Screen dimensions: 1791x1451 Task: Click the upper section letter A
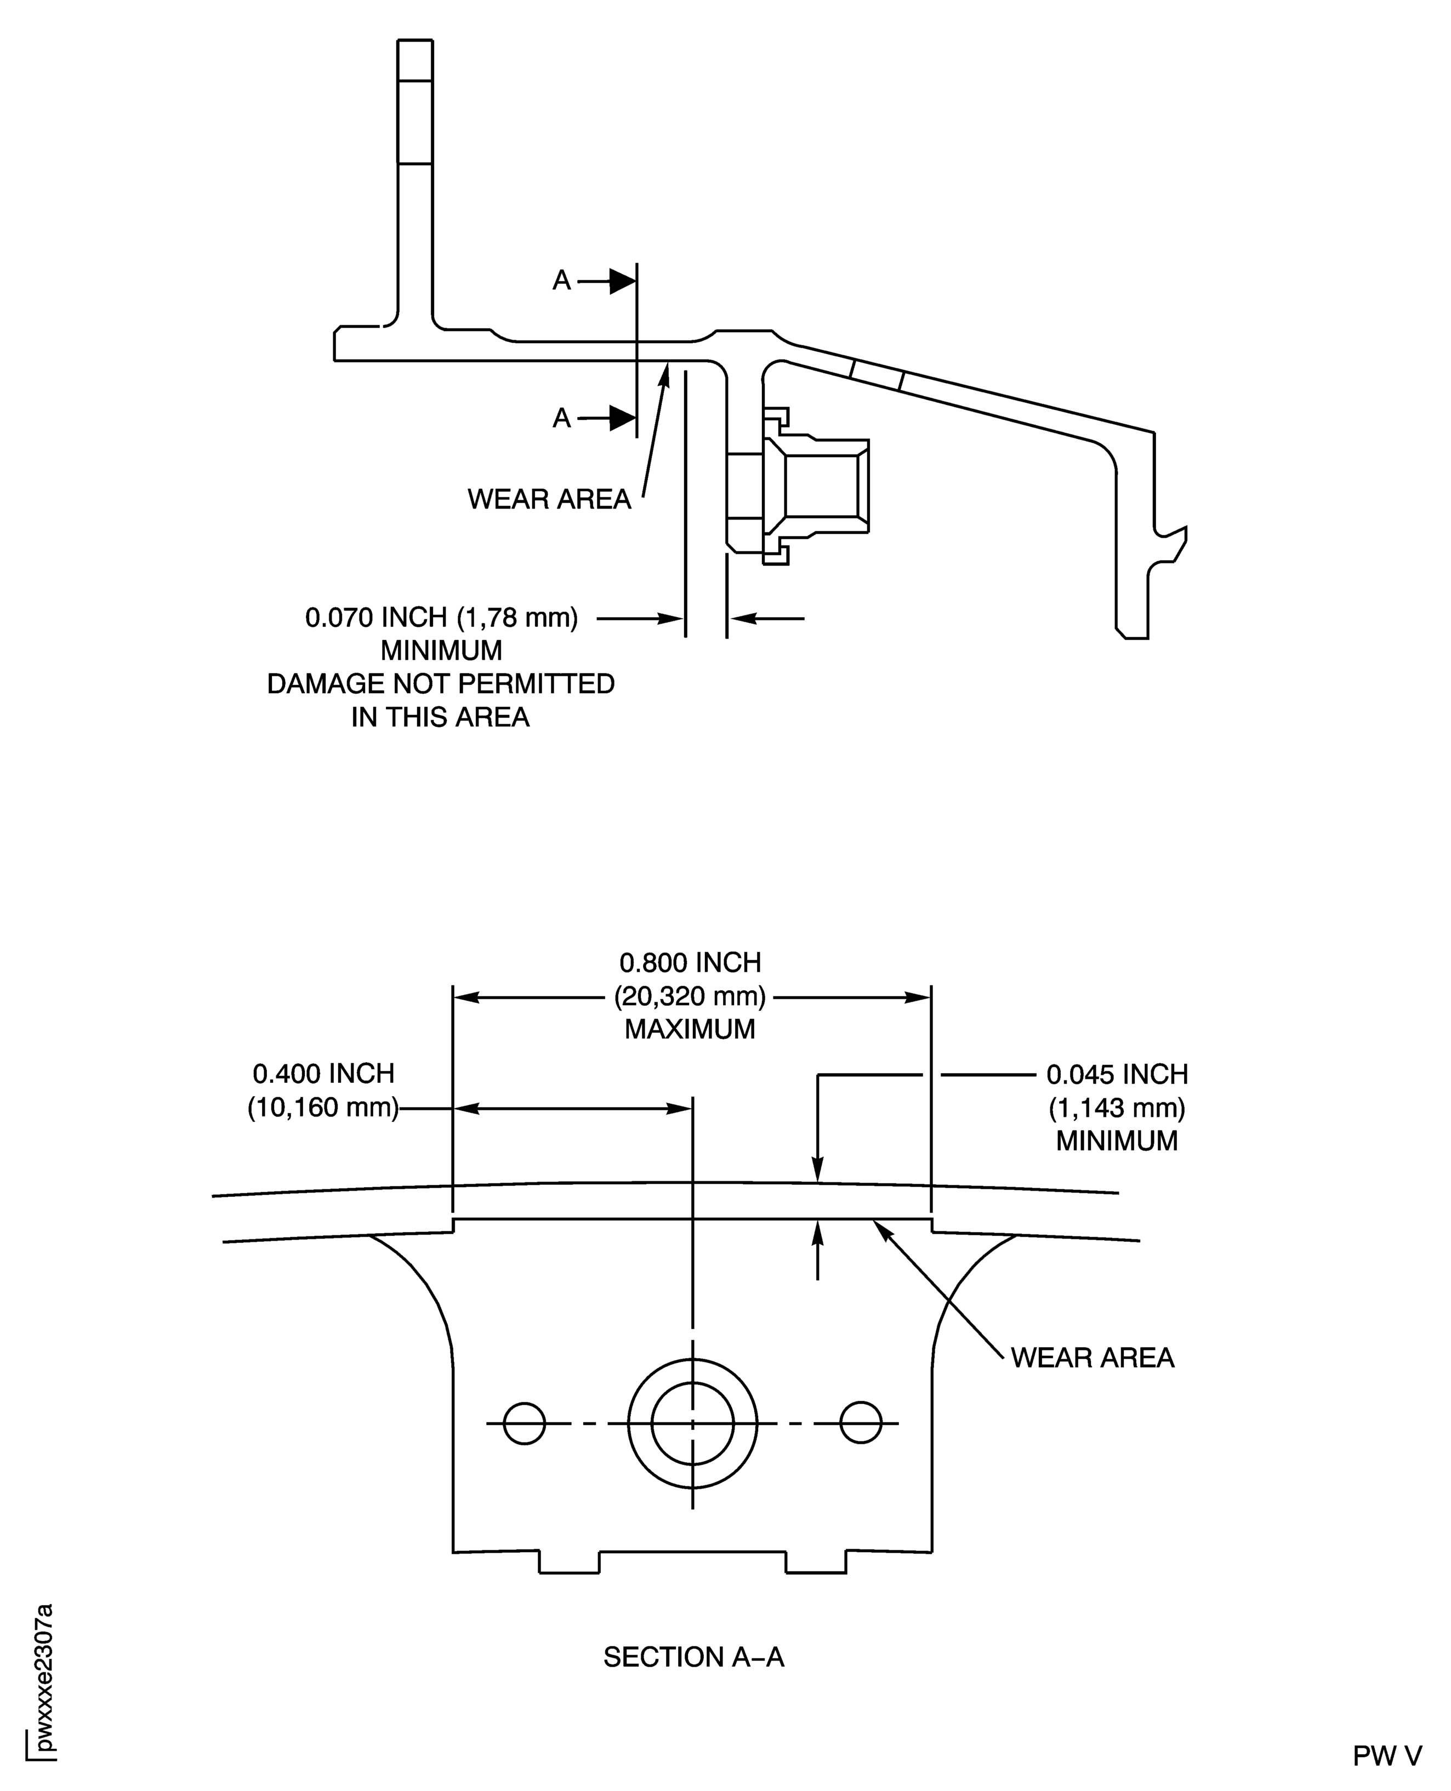(562, 281)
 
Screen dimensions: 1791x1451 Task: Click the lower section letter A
(562, 417)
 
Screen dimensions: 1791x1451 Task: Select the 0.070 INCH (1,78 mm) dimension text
(441, 618)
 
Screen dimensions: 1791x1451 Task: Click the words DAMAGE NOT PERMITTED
(441, 683)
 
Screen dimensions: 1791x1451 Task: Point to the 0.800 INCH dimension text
(690, 963)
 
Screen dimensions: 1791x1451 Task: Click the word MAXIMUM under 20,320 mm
(690, 1029)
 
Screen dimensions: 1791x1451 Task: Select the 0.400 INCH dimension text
(323, 1074)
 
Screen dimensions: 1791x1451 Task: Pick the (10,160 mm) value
(323, 1108)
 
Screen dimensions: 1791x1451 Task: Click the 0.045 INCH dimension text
(1117, 1075)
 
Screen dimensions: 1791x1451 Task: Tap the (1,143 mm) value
(1117, 1108)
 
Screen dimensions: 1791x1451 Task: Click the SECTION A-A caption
(693, 1656)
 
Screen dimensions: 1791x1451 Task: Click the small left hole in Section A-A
(524, 1422)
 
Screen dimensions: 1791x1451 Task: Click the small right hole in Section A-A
(861, 1422)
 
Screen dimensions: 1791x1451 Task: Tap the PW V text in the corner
(1387, 1756)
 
